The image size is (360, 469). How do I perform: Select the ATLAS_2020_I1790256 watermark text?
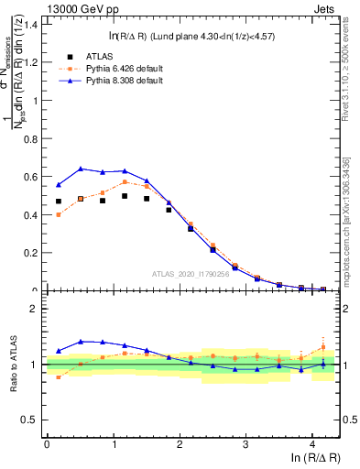click(190, 273)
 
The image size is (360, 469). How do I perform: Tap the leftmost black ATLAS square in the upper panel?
click(59, 202)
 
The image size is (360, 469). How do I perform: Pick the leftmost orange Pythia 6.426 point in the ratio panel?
click(59, 376)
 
